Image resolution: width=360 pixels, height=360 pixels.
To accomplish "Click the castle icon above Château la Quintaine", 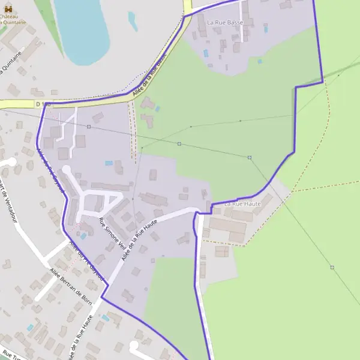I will coord(8,9).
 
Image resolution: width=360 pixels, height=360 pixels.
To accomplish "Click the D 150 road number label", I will coord(43,104).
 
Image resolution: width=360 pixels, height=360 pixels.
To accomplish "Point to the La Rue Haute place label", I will coord(243,205).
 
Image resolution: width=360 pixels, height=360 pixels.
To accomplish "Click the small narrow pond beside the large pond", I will coord(133,21).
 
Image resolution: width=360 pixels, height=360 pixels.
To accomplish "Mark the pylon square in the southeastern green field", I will coord(332,267).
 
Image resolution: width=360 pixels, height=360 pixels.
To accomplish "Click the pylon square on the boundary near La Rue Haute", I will coord(250,158).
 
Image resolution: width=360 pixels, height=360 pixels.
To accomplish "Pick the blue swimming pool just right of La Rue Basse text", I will coord(265,28).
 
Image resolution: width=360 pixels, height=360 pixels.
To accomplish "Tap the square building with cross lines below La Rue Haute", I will coord(222,251).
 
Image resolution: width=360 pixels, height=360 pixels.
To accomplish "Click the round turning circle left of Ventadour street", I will coord(10,161).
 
